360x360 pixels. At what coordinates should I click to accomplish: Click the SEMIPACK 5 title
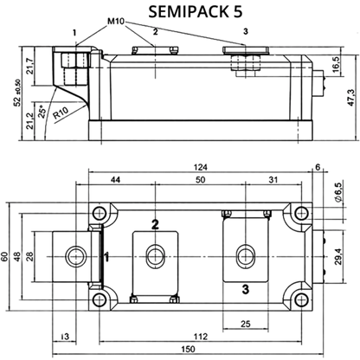coord(196,12)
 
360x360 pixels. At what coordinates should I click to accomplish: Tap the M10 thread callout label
coord(116,22)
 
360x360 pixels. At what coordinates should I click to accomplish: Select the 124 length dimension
coord(201,167)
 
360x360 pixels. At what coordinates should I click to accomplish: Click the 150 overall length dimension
coord(188,349)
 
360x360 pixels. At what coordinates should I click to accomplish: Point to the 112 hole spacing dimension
coord(201,337)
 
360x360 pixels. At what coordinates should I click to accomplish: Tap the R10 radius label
coord(61,112)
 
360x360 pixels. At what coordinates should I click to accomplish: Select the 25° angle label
coord(42,112)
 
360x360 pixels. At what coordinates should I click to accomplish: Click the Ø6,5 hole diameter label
coord(338,191)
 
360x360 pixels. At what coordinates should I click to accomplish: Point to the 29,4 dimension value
coord(338,257)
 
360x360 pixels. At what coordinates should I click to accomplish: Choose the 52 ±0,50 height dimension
coord(17,93)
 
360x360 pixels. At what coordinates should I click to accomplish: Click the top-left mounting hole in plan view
coord(100,214)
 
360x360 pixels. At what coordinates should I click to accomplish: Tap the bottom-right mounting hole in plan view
coord(302,299)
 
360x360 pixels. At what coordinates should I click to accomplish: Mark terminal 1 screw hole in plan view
coord(76,256)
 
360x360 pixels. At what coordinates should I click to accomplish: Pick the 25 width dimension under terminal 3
coord(245,324)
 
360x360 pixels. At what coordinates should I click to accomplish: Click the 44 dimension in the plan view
coord(115,180)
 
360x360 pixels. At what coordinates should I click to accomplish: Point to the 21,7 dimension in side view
coord(30,66)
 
